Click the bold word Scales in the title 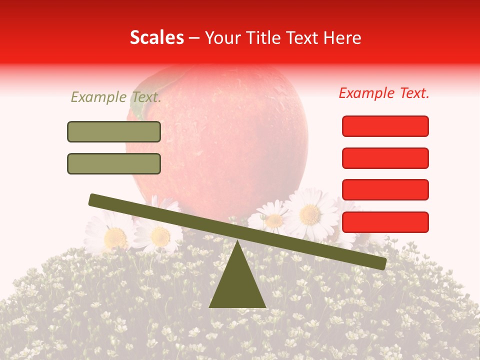click(x=156, y=37)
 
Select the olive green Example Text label click(x=116, y=97)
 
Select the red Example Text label click(x=384, y=93)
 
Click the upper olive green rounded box click(x=114, y=131)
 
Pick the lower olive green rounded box click(x=114, y=163)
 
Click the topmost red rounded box click(x=385, y=126)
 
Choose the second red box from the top click(x=385, y=158)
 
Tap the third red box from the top click(x=385, y=189)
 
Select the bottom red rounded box click(x=385, y=222)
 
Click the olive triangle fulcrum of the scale click(x=237, y=282)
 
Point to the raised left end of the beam click(x=93, y=199)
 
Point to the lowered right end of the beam click(x=382, y=264)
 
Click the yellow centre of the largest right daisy click(x=310, y=214)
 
